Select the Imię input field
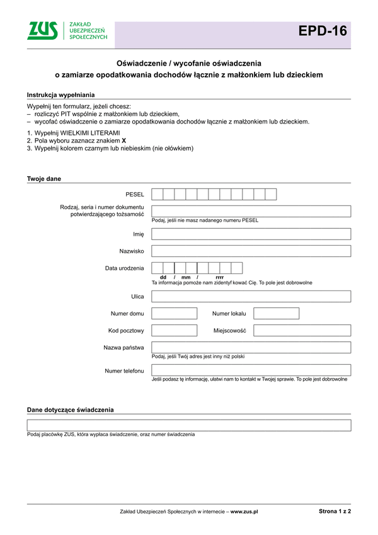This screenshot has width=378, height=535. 251,234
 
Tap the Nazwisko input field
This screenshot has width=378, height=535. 251,251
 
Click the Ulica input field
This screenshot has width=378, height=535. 251,296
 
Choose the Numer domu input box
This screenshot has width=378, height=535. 175,313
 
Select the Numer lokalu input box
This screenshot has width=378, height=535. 276,313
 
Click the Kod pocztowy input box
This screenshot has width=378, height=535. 175,330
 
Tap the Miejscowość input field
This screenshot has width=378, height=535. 302,330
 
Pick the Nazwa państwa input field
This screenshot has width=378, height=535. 251,347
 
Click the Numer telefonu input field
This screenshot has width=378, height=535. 251,370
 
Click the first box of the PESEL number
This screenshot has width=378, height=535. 157,194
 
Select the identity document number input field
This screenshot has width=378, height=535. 251,211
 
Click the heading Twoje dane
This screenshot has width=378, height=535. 44,179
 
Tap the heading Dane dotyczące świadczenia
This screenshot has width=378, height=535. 71,410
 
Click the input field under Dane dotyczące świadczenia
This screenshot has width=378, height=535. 189,425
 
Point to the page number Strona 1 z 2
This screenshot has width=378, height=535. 335,512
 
